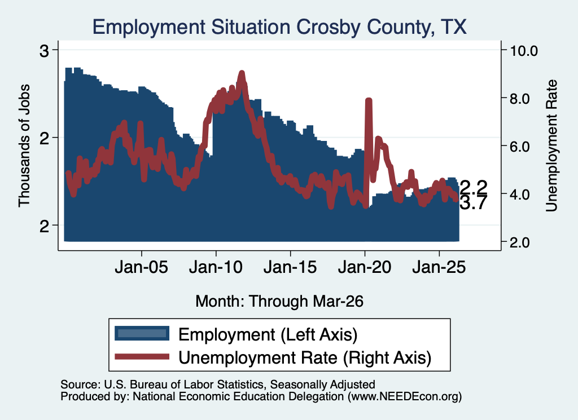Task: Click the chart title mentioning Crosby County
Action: [x=279, y=27]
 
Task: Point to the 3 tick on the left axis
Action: [x=44, y=51]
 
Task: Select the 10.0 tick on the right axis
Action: [x=524, y=51]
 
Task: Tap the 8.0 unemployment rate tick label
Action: [x=520, y=99]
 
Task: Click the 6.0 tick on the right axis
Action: [x=520, y=147]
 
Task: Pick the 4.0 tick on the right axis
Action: [x=520, y=194]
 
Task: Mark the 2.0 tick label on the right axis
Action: [x=520, y=242]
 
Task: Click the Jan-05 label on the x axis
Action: [x=142, y=267]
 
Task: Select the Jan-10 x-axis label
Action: [x=216, y=267]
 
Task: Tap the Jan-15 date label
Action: [x=291, y=267]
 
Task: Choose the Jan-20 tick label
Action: [x=365, y=267]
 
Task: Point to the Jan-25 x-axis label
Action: [x=439, y=267]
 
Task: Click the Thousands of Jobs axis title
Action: [x=24, y=145]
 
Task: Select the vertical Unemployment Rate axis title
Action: [x=551, y=145]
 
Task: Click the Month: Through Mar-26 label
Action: [x=279, y=301]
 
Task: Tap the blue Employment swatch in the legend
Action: [x=142, y=334]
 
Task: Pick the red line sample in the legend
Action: [x=142, y=357]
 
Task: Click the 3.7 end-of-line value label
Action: [x=474, y=203]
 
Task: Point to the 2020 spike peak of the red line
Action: [x=368, y=100]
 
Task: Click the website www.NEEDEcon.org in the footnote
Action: [x=404, y=396]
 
